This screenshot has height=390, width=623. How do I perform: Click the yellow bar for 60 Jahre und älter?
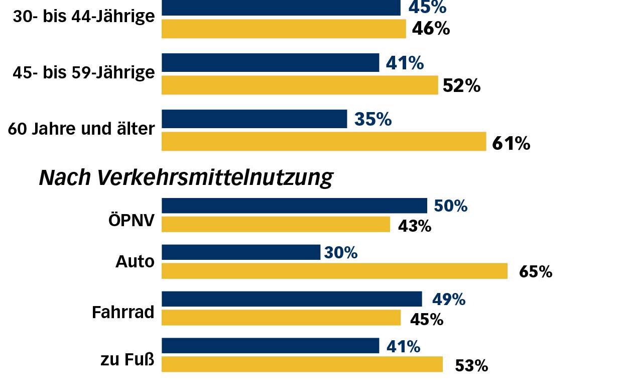click(x=324, y=141)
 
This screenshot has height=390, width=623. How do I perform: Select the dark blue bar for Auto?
click(x=241, y=252)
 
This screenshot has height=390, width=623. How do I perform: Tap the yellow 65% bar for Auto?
click(x=334, y=271)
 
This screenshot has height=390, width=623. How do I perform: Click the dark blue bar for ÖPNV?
click(x=294, y=206)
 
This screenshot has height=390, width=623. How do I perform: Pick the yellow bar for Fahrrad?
click(x=281, y=318)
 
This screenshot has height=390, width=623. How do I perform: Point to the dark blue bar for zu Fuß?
click(x=270, y=346)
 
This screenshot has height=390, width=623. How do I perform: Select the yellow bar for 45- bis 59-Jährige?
click(x=300, y=85)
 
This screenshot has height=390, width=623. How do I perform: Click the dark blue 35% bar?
click(x=254, y=119)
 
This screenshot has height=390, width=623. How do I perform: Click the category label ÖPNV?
click(x=132, y=221)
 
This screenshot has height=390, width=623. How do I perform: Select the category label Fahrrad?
click(x=123, y=313)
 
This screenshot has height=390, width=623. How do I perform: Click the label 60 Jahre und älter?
click(x=81, y=129)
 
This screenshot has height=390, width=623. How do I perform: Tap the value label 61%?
click(x=511, y=144)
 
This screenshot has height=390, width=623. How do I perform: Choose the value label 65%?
click(x=536, y=272)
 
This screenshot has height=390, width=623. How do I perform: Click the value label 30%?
click(x=341, y=253)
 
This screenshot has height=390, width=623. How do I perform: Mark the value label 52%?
click(x=461, y=86)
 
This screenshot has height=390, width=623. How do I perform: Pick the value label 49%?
click(x=449, y=300)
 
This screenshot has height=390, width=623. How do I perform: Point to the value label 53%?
click(x=471, y=366)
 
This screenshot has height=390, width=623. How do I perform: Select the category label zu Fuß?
click(x=128, y=360)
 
